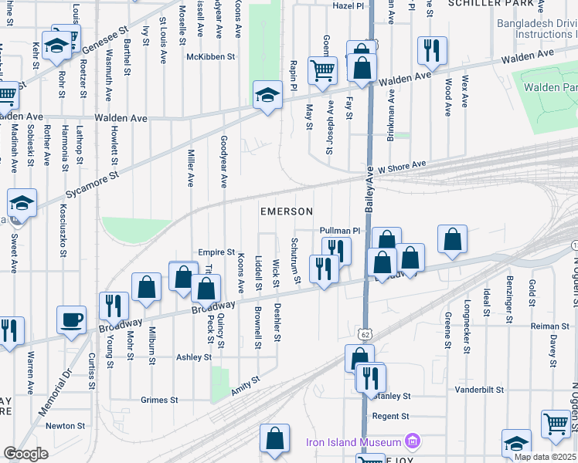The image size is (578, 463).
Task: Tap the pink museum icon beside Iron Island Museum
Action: (413, 442)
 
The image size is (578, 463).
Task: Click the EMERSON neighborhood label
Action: (286, 211)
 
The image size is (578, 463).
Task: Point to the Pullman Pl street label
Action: (340, 231)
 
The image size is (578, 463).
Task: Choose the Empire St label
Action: (216, 252)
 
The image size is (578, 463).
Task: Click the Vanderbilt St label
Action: (479, 391)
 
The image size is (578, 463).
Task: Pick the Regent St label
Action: (390, 416)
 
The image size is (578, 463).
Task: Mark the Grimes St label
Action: (159, 400)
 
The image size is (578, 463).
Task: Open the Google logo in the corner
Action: (25, 454)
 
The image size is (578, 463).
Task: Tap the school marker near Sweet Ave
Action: (22, 204)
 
